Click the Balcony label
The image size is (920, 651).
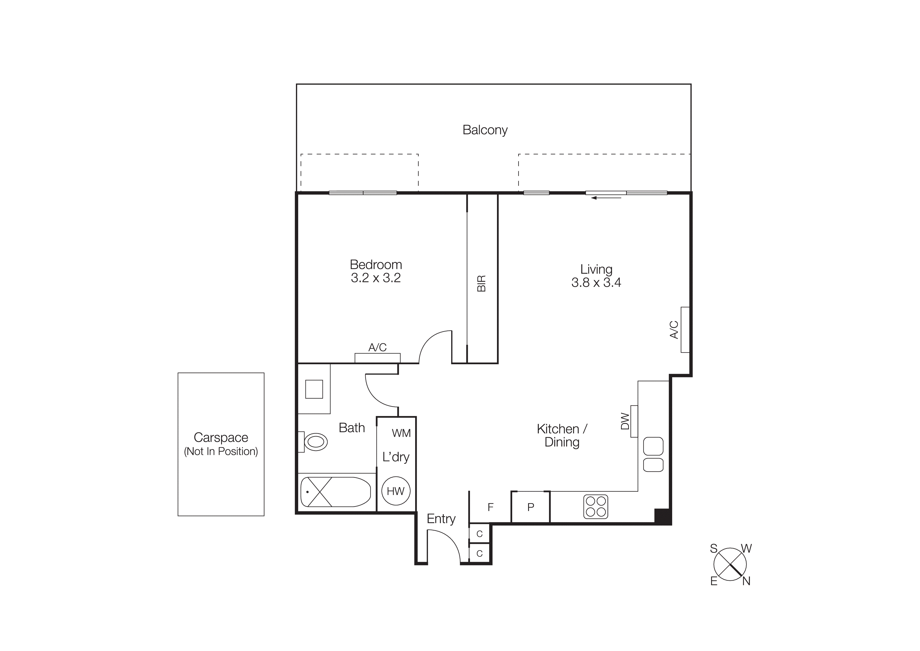[485, 130]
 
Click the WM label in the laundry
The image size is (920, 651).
[401, 433]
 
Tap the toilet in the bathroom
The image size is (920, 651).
[315, 442]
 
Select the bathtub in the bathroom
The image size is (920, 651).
[336, 492]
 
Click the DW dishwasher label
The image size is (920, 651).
[625, 421]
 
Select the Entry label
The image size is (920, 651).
[441, 519]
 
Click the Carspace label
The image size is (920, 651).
[221, 437]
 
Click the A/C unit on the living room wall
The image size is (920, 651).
[685, 330]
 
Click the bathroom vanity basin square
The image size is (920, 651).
[314, 389]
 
